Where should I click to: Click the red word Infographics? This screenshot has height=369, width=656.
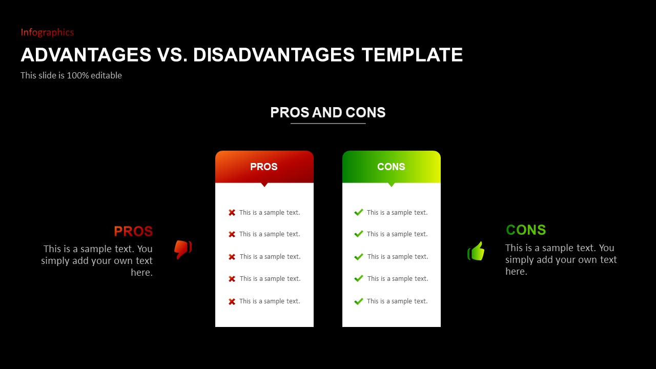(x=47, y=32)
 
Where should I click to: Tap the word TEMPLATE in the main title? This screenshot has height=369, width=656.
(x=412, y=55)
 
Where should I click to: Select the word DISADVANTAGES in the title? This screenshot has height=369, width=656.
(x=274, y=55)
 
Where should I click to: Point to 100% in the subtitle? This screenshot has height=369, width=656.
(x=77, y=75)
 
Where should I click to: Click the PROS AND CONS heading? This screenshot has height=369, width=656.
(x=327, y=112)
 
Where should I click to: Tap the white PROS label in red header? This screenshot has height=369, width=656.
(x=264, y=167)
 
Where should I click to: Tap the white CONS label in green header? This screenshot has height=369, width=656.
(x=391, y=167)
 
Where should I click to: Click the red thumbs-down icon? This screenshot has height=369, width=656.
(x=183, y=249)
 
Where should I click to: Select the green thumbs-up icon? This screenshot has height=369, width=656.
(x=476, y=251)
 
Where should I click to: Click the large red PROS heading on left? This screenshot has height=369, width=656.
(x=133, y=231)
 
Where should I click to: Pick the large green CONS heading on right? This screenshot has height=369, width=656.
(x=526, y=230)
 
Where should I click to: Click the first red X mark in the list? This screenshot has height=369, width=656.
(x=232, y=213)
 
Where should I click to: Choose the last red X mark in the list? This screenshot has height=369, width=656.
(x=232, y=302)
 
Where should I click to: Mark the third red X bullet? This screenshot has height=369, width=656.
(x=232, y=257)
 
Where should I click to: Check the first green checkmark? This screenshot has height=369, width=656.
(x=359, y=212)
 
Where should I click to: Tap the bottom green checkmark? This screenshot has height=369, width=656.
(x=359, y=301)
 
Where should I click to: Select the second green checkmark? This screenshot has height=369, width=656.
(x=359, y=234)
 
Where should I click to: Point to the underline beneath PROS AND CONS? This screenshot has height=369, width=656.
(x=328, y=124)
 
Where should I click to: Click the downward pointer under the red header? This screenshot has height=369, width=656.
(x=264, y=185)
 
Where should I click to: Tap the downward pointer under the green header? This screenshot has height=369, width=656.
(x=392, y=185)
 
